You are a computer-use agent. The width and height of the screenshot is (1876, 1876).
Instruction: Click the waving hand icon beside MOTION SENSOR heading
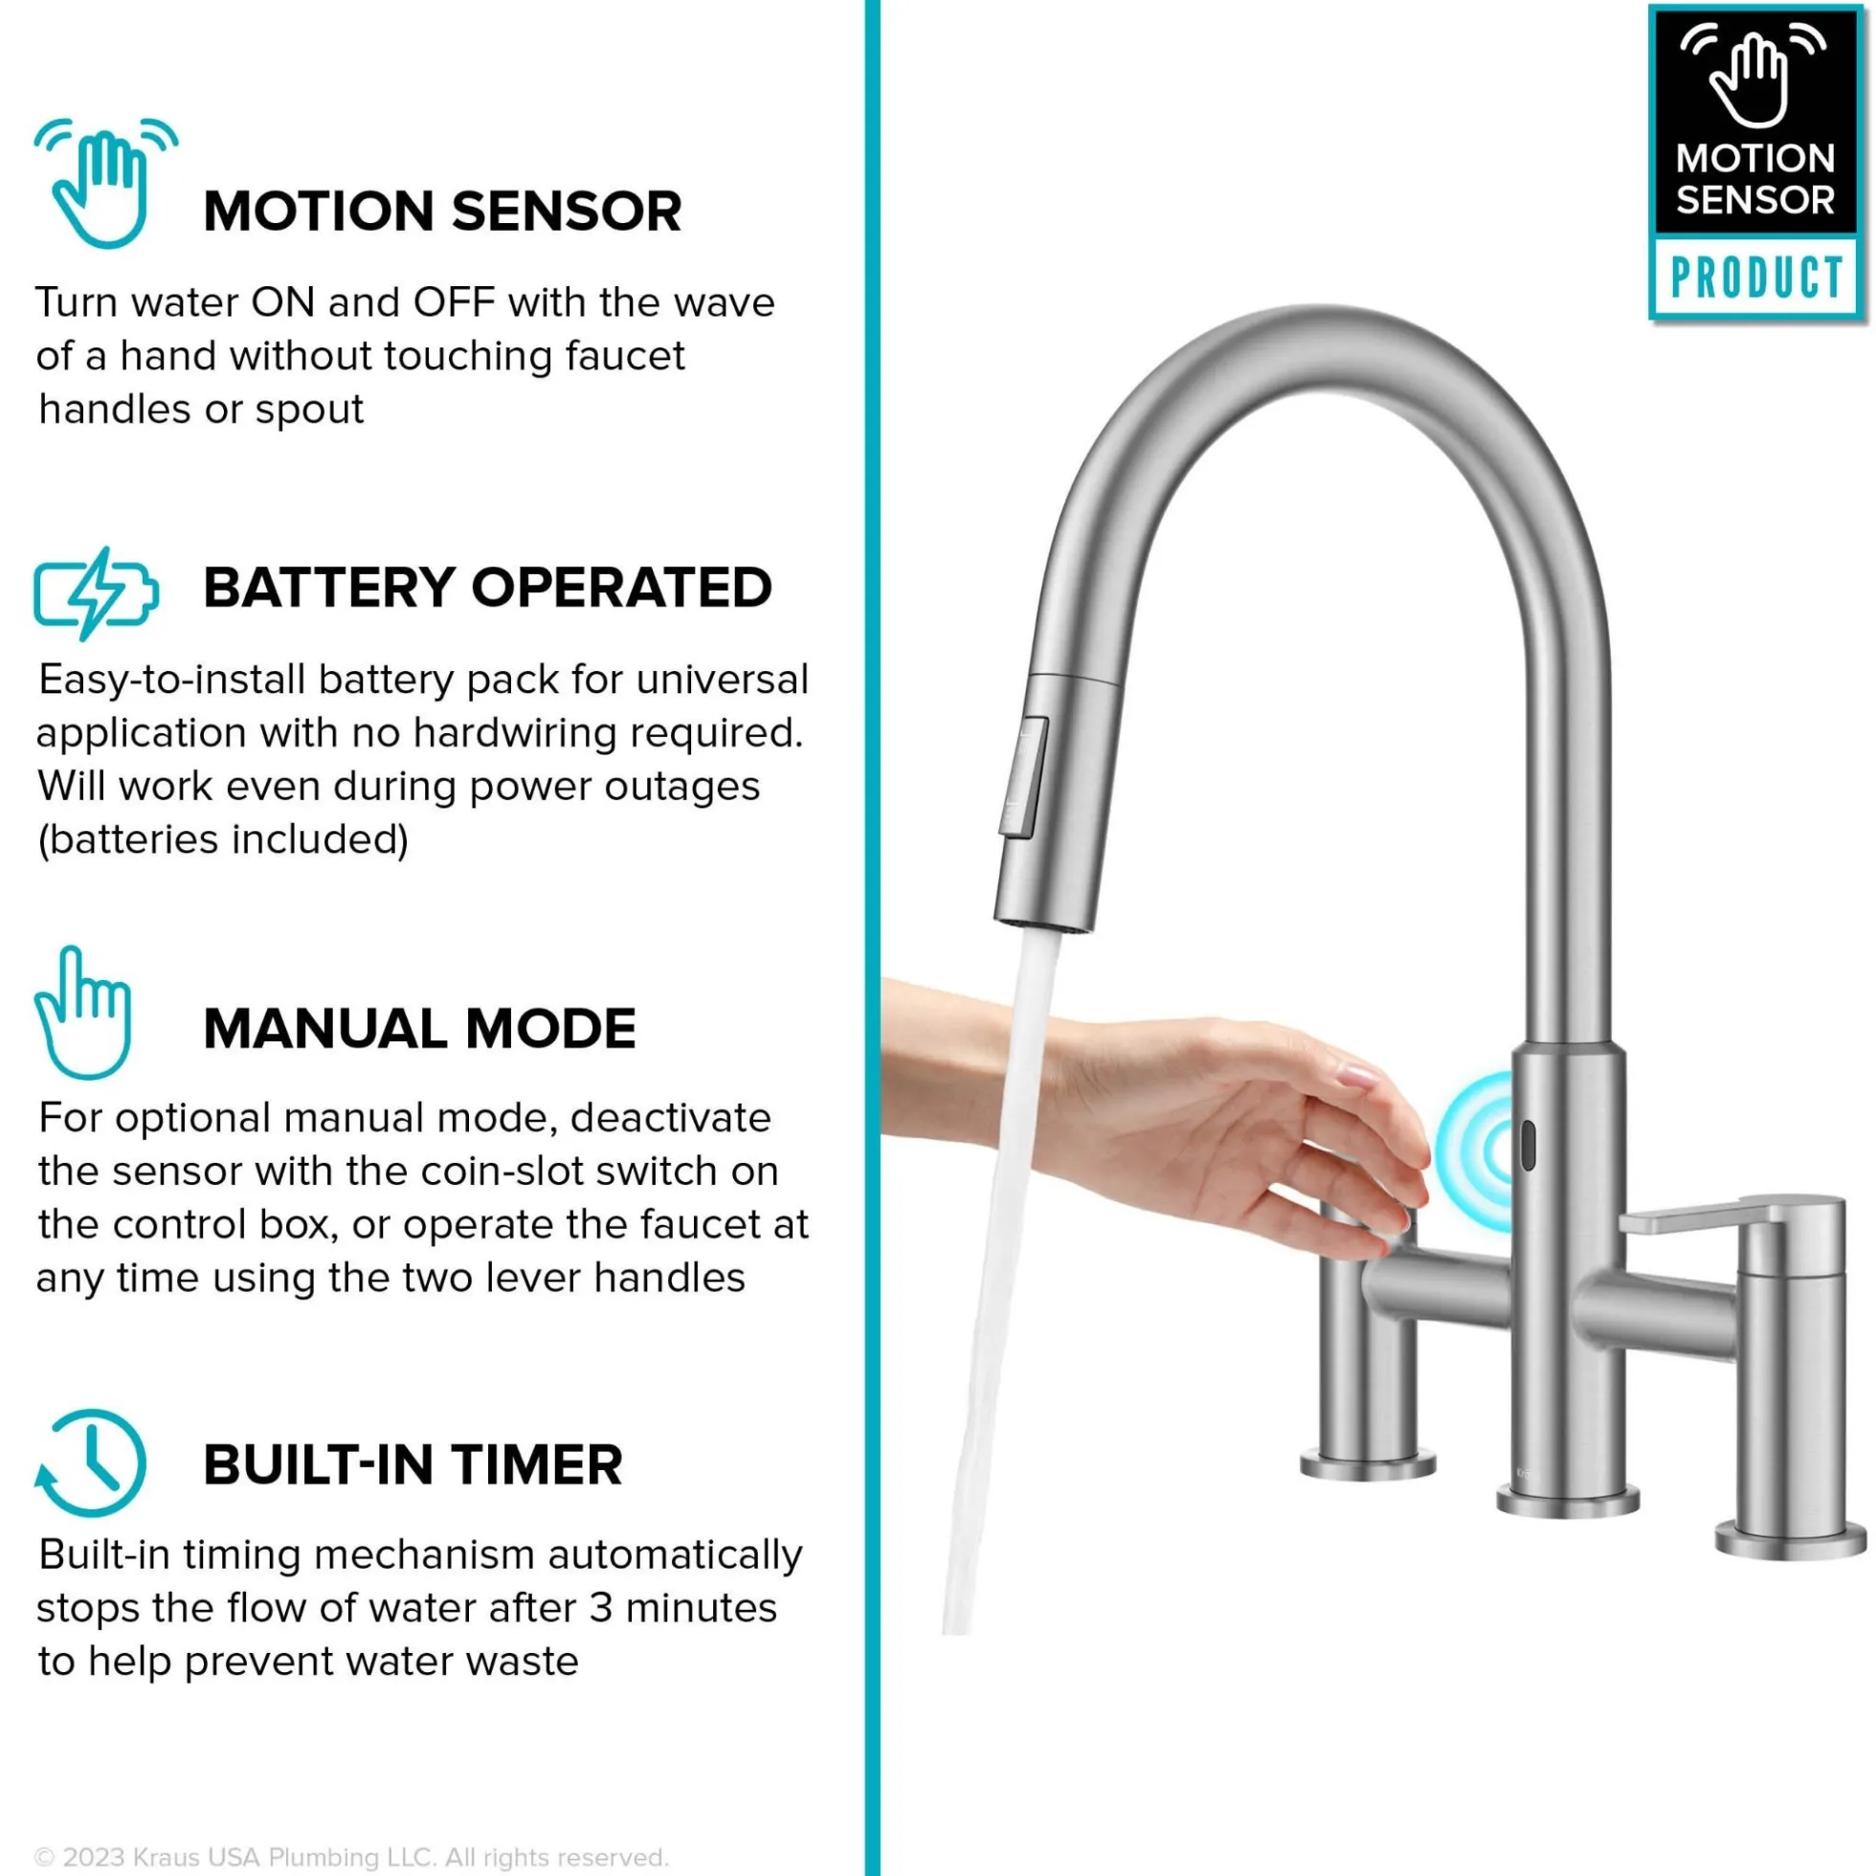point(105,183)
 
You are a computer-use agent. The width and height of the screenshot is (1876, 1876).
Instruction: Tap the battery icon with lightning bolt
point(95,593)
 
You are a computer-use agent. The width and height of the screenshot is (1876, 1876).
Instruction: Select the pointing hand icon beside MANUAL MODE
point(82,1013)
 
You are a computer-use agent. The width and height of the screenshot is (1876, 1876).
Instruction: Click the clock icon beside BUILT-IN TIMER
point(89,1463)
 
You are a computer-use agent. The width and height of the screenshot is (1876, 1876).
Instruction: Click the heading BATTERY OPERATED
point(487,588)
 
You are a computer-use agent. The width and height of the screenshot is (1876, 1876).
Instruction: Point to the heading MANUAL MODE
point(419,1028)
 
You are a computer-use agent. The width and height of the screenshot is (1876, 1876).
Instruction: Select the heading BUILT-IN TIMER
point(413,1465)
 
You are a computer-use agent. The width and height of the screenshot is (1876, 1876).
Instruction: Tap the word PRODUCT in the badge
point(1756,278)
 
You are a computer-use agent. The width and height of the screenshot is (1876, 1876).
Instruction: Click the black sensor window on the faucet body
point(1527,1146)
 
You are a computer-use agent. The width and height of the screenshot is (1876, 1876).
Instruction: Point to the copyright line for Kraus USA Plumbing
point(351,1858)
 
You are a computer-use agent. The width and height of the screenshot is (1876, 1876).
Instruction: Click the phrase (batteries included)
point(223,840)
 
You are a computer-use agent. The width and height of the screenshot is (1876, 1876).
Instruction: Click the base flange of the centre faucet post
point(1567,1503)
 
